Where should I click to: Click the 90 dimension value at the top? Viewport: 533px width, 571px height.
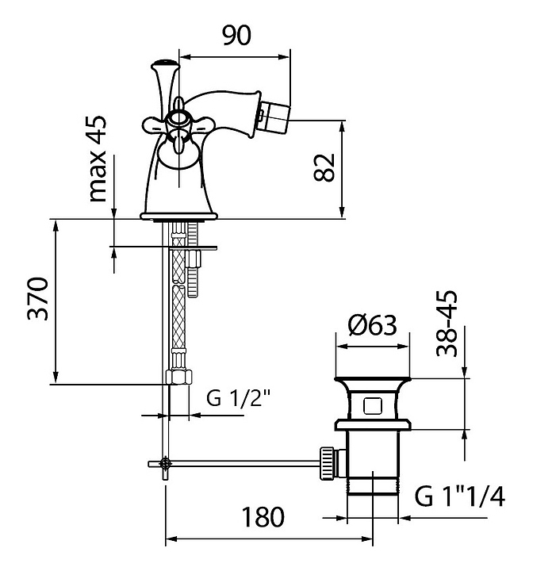click(x=236, y=36)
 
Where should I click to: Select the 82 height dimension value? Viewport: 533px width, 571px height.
click(x=324, y=167)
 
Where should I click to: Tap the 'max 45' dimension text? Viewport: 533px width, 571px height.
click(x=98, y=159)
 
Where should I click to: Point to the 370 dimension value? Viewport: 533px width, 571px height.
click(x=37, y=299)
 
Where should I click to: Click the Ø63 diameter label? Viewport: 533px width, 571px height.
click(x=372, y=325)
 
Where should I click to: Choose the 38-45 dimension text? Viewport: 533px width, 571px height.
click(x=447, y=324)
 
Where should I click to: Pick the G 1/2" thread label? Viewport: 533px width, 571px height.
click(x=239, y=397)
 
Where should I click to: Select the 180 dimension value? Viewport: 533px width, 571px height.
click(x=263, y=517)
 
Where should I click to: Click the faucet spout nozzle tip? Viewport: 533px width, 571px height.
click(x=276, y=113)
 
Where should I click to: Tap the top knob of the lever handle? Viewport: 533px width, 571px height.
click(x=165, y=64)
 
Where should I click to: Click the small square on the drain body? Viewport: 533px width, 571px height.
click(x=372, y=406)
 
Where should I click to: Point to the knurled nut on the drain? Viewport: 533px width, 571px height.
click(x=327, y=463)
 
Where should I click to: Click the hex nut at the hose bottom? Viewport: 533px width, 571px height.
click(x=178, y=377)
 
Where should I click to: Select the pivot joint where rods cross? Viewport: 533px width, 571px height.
click(x=166, y=463)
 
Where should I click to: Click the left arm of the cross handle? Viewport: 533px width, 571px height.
click(x=152, y=125)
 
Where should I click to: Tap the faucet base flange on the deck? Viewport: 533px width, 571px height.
click(x=179, y=217)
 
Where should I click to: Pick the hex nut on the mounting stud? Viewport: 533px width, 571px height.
click(x=194, y=259)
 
